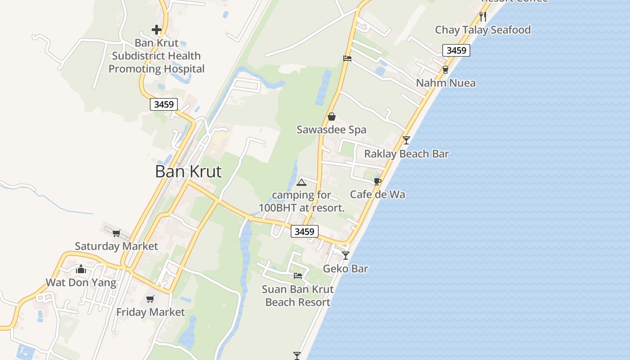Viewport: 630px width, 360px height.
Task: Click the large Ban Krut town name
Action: click(x=188, y=171)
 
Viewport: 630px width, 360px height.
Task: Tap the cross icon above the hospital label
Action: click(x=157, y=30)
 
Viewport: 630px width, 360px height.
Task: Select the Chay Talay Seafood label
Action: click(x=482, y=30)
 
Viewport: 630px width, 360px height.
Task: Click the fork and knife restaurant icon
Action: click(x=483, y=17)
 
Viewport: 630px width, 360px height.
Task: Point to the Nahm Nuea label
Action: click(x=445, y=83)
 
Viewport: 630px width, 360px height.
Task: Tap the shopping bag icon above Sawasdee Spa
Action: click(x=332, y=117)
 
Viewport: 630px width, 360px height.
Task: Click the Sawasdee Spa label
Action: click(x=331, y=130)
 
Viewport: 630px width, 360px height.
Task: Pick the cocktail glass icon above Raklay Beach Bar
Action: click(x=406, y=140)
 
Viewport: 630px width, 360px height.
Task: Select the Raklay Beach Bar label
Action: click(x=406, y=154)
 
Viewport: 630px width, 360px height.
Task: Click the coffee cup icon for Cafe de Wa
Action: click(x=378, y=181)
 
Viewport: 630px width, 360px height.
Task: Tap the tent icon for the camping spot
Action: click(x=301, y=182)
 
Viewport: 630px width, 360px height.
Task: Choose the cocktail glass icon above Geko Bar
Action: click(x=346, y=256)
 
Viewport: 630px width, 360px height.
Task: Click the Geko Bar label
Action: click(x=346, y=269)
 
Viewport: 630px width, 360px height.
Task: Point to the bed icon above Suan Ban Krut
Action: click(x=298, y=276)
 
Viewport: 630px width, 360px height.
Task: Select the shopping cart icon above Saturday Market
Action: click(x=117, y=233)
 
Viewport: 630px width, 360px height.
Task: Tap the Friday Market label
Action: click(x=150, y=312)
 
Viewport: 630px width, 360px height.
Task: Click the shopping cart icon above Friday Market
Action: click(x=150, y=299)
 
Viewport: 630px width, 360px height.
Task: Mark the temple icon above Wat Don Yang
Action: click(x=81, y=269)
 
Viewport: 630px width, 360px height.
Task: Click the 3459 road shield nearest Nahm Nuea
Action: click(x=456, y=50)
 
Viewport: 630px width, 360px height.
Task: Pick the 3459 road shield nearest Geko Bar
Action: click(x=305, y=231)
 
